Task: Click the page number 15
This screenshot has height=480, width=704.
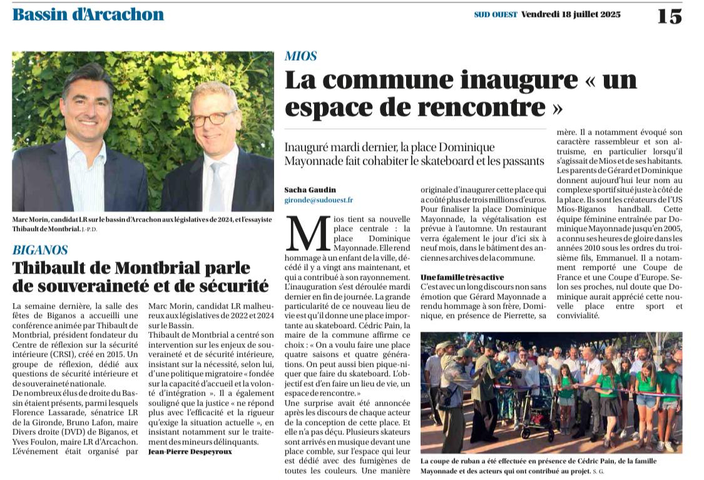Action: pos(669,16)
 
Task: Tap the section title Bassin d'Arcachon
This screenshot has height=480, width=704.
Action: pos(88,14)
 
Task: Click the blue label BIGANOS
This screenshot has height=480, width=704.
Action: pos(40,250)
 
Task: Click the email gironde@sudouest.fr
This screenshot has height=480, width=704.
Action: pos(319,200)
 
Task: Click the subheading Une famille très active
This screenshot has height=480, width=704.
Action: pos(462,277)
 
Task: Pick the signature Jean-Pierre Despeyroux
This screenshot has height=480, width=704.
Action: pos(190,451)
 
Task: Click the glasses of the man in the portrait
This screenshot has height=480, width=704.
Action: pos(213,118)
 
